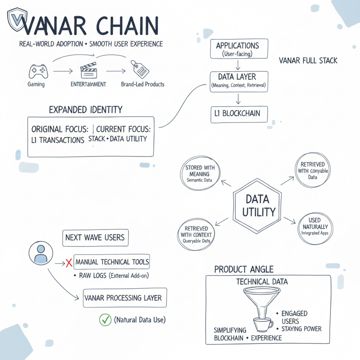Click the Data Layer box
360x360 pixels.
(x=238, y=81)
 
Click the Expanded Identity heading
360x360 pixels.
(x=86, y=110)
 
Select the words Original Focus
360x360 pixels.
(x=60, y=129)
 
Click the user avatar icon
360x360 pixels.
(x=40, y=253)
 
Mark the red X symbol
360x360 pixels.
(x=68, y=262)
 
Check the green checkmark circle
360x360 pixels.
(x=105, y=320)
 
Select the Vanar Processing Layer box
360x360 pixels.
(x=124, y=298)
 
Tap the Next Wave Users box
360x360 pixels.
(x=95, y=237)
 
